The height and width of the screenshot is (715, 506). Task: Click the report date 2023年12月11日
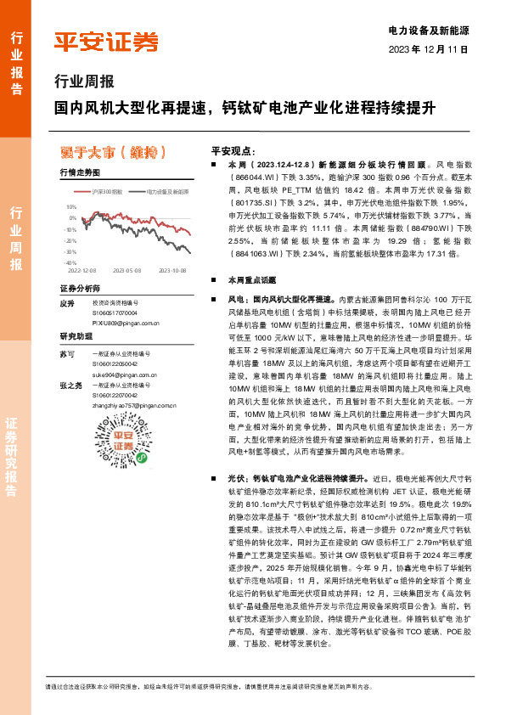click(x=429, y=49)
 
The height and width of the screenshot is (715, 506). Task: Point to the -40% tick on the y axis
click(x=70, y=263)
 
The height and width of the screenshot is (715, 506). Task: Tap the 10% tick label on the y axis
click(x=71, y=206)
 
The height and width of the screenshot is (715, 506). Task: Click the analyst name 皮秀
click(x=68, y=303)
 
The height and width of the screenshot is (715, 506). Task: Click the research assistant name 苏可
click(x=68, y=352)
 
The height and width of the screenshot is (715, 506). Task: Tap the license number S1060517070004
click(x=115, y=313)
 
